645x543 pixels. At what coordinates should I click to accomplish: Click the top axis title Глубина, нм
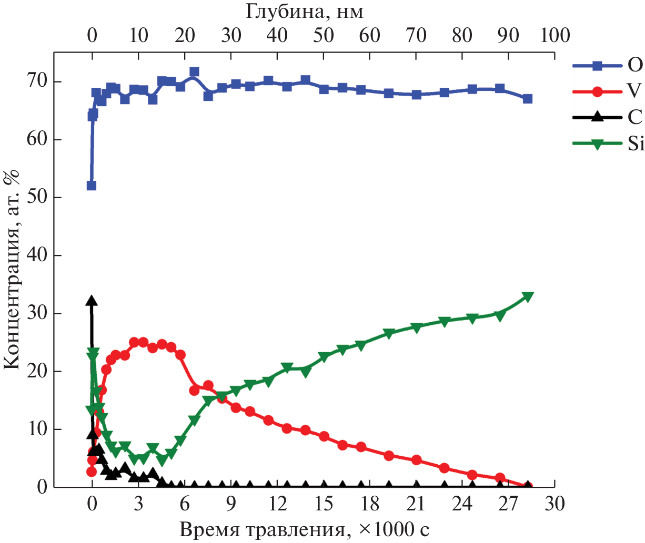tap(304, 11)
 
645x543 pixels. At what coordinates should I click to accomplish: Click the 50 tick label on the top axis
tap(323, 35)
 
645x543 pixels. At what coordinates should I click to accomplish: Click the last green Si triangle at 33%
tap(528, 297)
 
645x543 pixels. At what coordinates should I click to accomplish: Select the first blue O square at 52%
tap(92, 186)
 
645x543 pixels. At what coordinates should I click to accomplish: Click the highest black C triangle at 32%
tap(92, 301)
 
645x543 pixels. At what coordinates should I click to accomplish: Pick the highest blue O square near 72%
tap(194, 72)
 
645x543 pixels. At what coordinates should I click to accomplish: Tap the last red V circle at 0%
tap(528, 487)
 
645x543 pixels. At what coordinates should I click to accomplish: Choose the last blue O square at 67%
tap(528, 99)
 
